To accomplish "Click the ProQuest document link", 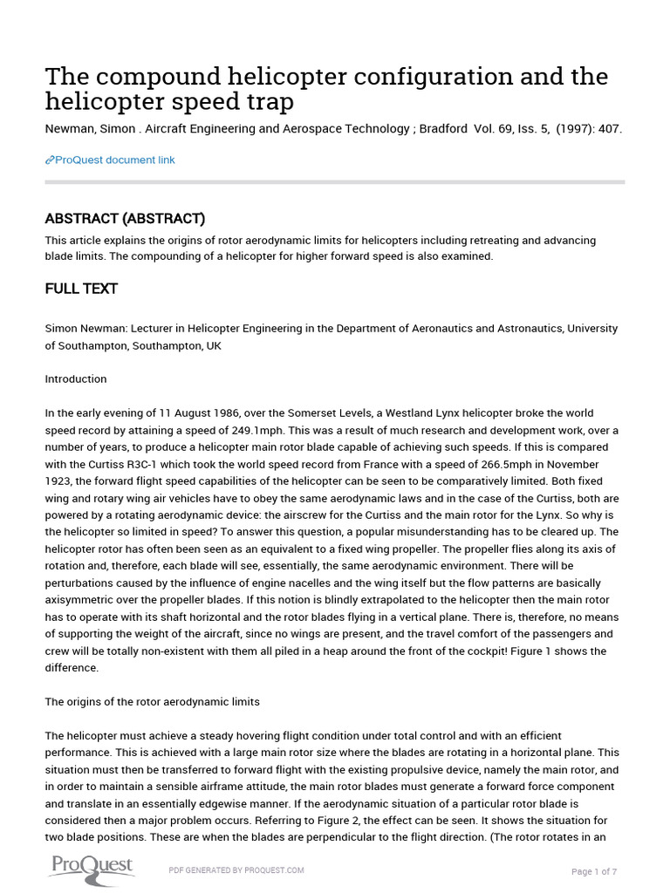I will pyautogui.click(x=114, y=160).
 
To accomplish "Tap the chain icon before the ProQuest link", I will pyautogui.click(x=49, y=160).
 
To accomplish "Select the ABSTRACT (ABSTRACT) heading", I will pyautogui.click(x=125, y=218).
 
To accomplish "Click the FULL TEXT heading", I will pyautogui.click(x=81, y=289).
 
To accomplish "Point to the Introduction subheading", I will pyautogui.click(x=76, y=379).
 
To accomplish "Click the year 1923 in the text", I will pyautogui.click(x=59, y=481).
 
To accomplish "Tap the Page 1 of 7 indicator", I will pyautogui.click(x=594, y=871).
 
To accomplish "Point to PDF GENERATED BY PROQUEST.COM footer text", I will pyautogui.click(x=236, y=870).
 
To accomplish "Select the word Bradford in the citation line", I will pyautogui.click(x=447, y=129).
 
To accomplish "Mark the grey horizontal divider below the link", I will pyautogui.click(x=335, y=182).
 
